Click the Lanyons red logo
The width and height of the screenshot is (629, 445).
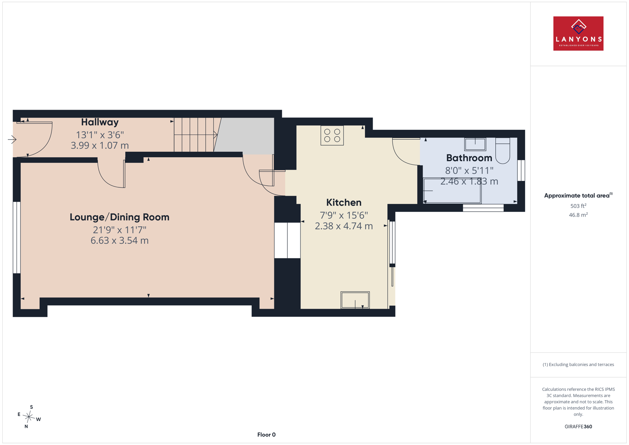[578, 33]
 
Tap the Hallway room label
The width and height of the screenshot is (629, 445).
[100, 122]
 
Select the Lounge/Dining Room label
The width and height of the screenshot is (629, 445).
[120, 217]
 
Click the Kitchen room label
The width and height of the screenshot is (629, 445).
[344, 202]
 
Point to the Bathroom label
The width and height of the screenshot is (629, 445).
[469, 158]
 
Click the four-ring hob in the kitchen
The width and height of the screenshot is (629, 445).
[332, 135]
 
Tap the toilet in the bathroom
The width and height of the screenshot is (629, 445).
[502, 151]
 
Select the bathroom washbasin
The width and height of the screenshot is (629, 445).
[475, 144]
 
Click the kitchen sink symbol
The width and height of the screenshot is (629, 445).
[355, 300]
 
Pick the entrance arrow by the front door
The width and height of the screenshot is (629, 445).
[12, 139]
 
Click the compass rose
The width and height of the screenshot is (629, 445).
[29, 417]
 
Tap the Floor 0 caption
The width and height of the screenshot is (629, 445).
[266, 435]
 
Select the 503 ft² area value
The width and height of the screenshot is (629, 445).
[578, 206]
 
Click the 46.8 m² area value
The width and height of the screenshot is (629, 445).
[578, 215]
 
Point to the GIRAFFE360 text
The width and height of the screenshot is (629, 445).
[578, 427]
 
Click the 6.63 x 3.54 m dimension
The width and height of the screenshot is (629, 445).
[120, 241]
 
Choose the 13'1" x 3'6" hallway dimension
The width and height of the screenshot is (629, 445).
[100, 135]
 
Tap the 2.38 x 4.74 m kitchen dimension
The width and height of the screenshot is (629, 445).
[344, 226]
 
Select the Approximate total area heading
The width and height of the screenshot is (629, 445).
[578, 195]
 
